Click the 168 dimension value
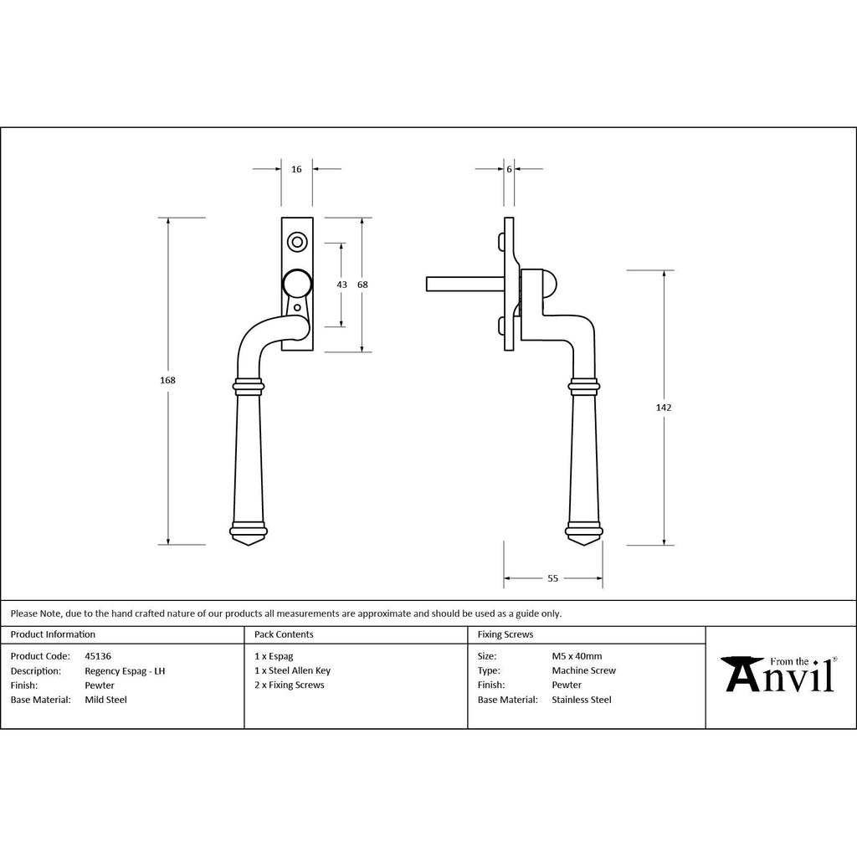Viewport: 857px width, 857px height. click(x=167, y=381)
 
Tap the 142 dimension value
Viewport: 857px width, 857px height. click(x=664, y=408)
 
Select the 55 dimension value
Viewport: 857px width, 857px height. click(x=552, y=578)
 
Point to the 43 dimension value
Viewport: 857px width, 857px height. click(x=341, y=285)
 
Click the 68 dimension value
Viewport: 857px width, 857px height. click(x=362, y=285)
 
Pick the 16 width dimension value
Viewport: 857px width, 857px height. click(x=296, y=169)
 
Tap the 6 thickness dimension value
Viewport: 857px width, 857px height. click(x=509, y=169)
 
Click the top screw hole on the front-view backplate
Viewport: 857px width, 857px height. click(x=297, y=242)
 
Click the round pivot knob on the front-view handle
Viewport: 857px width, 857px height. click(x=297, y=285)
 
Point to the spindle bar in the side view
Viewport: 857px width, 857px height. click(x=464, y=285)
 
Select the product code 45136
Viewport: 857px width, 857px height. click(x=98, y=656)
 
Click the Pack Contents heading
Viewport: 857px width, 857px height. click(x=284, y=634)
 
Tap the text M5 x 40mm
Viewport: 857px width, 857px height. click(x=577, y=656)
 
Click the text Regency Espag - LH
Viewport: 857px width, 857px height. click(x=125, y=670)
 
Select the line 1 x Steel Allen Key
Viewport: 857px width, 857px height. click(x=292, y=670)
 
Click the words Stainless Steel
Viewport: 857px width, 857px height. click(x=582, y=700)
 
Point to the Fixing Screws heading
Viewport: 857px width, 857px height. click(x=505, y=634)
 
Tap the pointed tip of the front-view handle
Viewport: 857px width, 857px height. click(x=249, y=545)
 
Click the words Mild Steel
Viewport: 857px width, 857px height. click(x=105, y=700)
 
